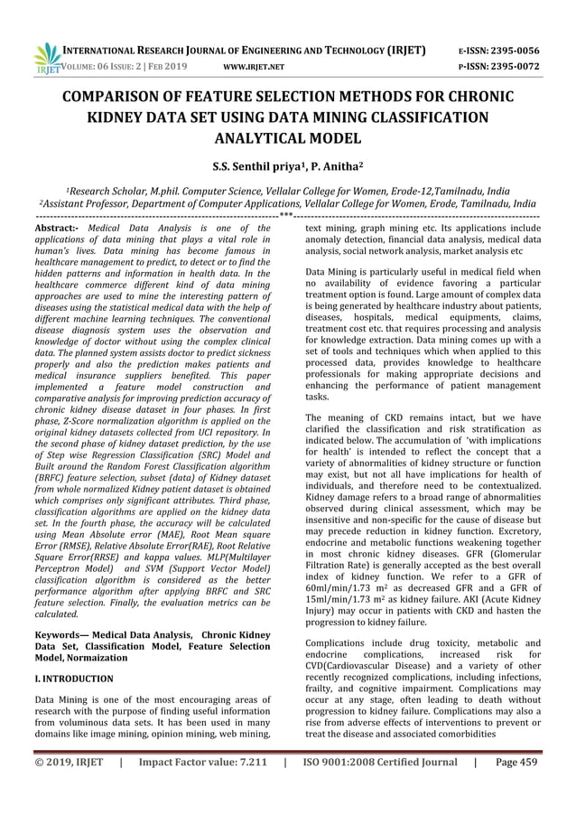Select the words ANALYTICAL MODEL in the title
(288, 138)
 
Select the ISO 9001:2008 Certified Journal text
(379, 787)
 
